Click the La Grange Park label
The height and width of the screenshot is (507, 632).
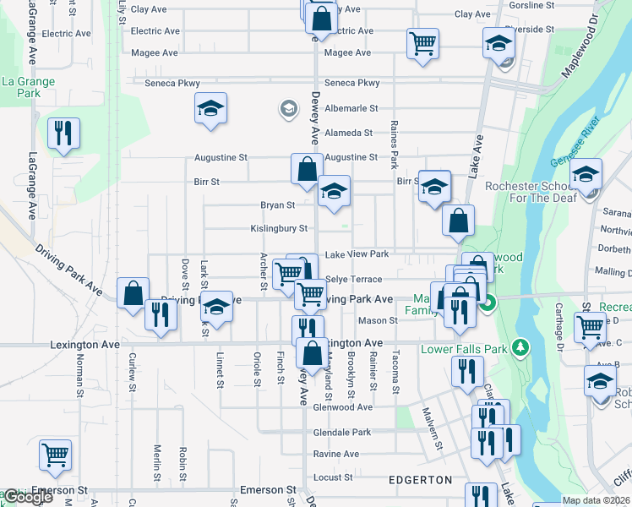[x=28, y=87]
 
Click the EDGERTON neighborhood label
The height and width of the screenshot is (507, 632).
[x=420, y=480]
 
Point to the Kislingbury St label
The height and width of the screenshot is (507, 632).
[x=279, y=228]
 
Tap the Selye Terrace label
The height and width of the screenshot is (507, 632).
[x=353, y=279]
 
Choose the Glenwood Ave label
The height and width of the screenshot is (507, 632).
[x=342, y=406]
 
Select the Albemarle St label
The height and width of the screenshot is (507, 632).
[x=351, y=109]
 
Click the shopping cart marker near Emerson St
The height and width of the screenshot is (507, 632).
[x=56, y=455]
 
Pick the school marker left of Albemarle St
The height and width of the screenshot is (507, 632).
[x=210, y=109]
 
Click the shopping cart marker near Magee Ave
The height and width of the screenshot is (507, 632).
[x=422, y=43]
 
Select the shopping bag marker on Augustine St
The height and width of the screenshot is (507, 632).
[x=306, y=168]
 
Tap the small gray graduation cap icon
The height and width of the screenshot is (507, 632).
[x=289, y=109]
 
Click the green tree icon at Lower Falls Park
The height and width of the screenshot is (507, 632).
[x=521, y=347]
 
